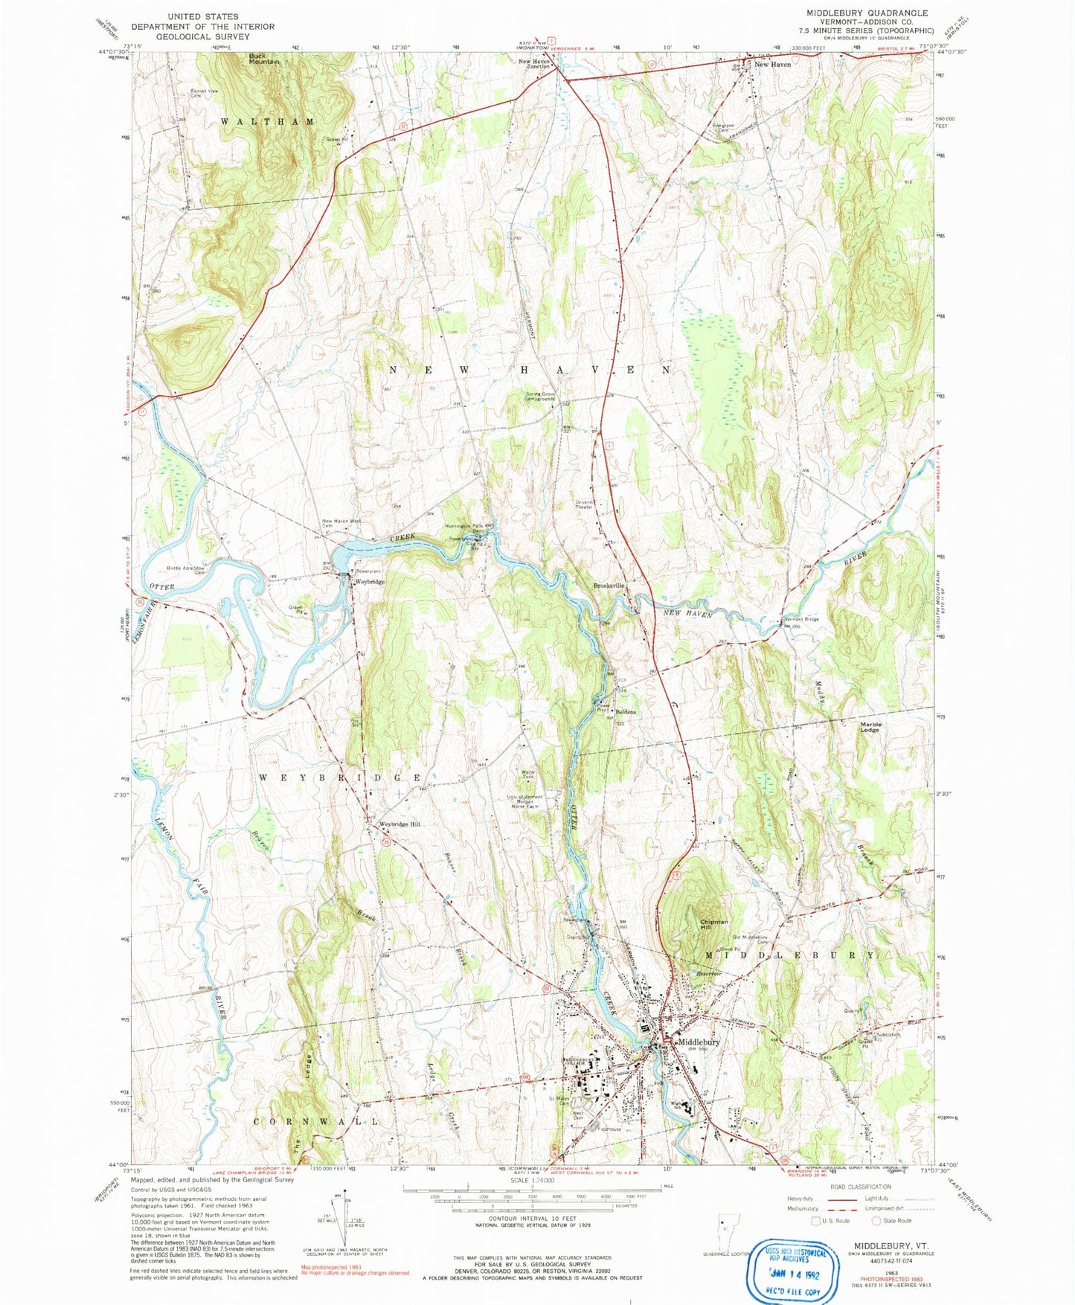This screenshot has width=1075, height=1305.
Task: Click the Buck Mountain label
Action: [263, 58]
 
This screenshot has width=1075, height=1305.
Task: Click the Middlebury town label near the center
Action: [698, 1042]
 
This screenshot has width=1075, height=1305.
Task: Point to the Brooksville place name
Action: [609, 586]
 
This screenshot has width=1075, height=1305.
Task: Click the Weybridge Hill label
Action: [399, 824]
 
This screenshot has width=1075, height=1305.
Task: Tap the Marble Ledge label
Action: [870, 727]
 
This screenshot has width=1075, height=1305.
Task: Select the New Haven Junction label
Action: [534, 64]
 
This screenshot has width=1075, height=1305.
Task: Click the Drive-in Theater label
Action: [584, 504]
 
